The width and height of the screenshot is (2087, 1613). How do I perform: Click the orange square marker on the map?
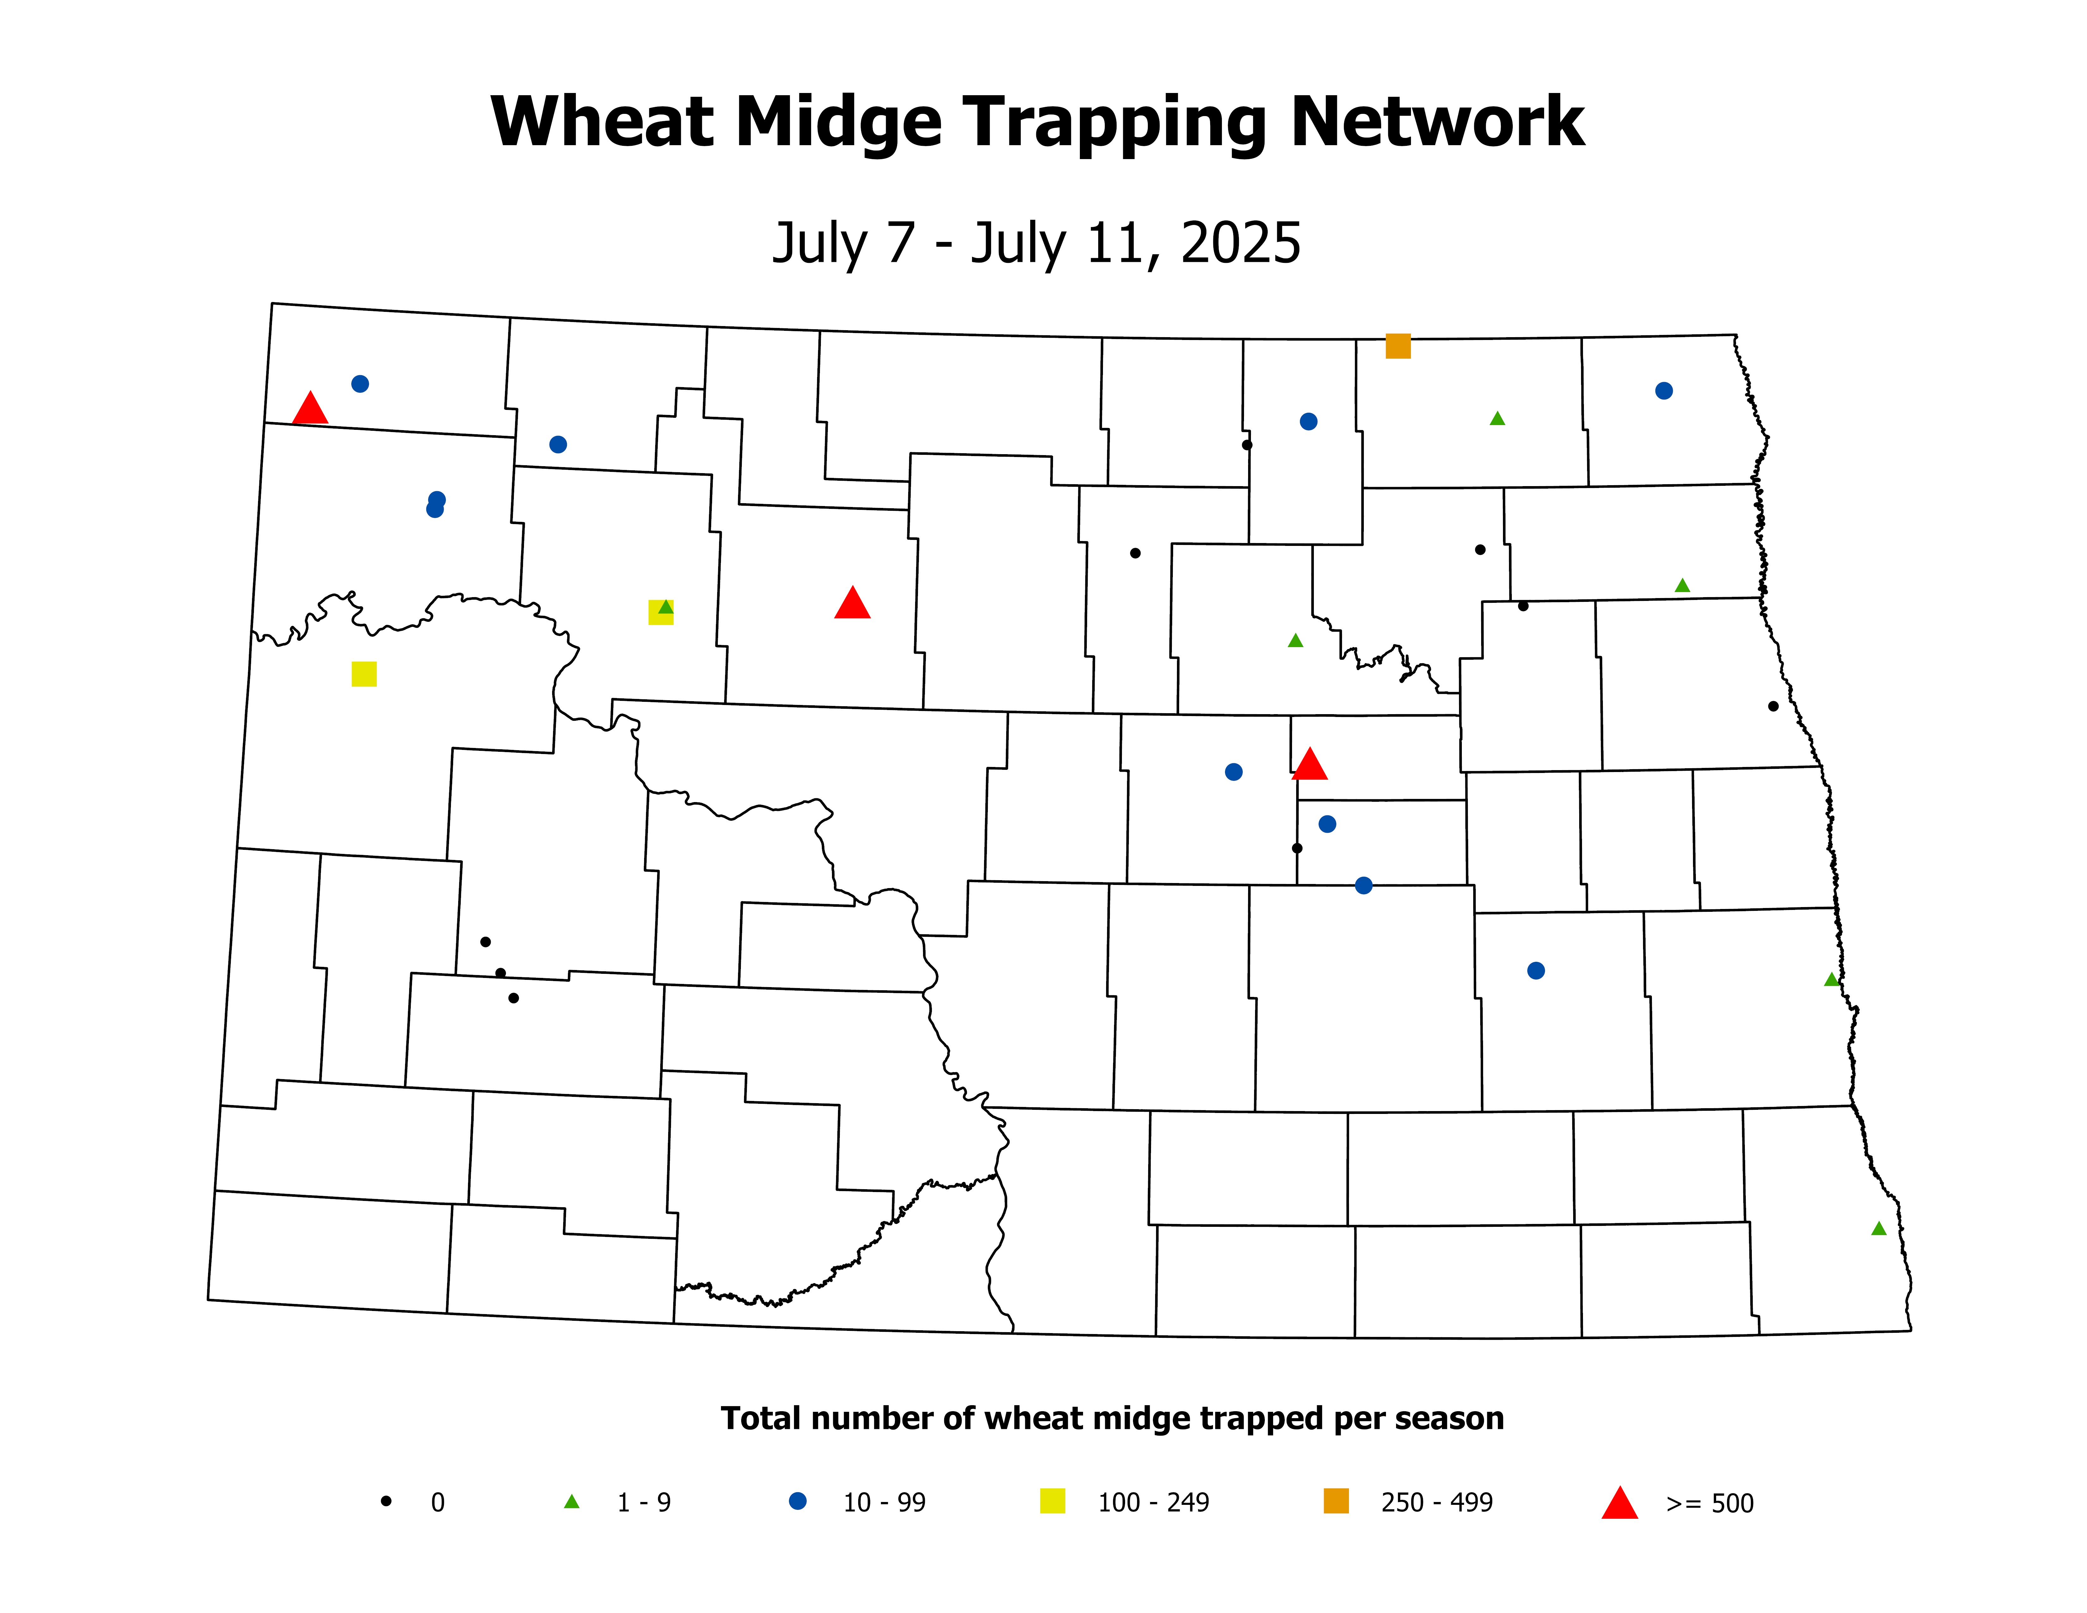(x=1398, y=346)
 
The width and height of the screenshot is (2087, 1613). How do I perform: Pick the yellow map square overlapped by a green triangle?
(x=660, y=613)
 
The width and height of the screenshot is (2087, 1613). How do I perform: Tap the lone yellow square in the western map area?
(x=364, y=674)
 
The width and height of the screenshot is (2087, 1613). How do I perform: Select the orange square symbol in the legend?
(x=1336, y=1501)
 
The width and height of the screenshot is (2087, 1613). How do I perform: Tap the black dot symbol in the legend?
(x=386, y=1501)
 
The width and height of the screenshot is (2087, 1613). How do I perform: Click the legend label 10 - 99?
(x=884, y=1503)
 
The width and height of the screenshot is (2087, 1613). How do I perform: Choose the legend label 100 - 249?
(x=1154, y=1503)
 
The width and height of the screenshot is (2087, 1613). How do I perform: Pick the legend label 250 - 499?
(x=1436, y=1503)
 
